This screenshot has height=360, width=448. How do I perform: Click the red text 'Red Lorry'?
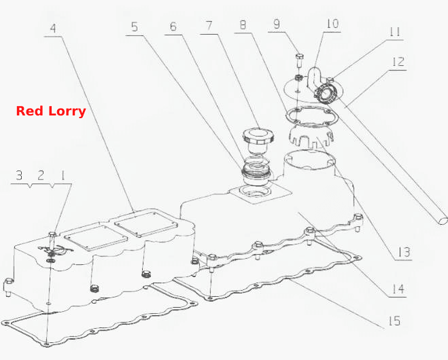point(51,111)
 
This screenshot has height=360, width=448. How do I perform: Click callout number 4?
point(53,29)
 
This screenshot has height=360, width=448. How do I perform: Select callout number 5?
point(135,27)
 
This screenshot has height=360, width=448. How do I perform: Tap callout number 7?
point(209,25)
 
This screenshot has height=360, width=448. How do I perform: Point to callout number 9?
point(277,24)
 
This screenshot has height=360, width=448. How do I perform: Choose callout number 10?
point(332,24)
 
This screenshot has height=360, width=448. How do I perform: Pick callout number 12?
point(398,62)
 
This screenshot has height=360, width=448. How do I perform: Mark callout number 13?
point(404,252)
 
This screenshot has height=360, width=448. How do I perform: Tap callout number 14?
point(398,289)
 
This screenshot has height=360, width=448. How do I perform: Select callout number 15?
point(394,321)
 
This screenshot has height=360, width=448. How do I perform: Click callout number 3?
point(19,175)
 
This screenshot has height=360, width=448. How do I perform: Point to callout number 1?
point(63,175)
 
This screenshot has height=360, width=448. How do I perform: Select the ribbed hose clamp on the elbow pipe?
point(326,92)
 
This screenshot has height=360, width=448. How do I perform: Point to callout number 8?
point(243,25)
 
